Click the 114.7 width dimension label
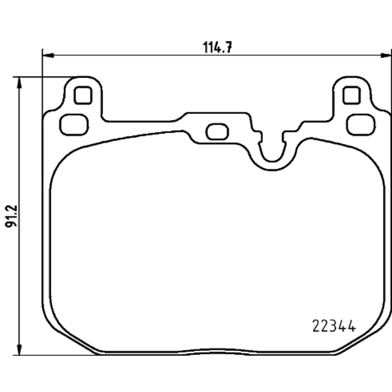coord(218,47)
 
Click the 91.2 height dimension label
coord(11,216)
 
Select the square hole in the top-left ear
coord(83,95)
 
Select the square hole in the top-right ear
coord(352,95)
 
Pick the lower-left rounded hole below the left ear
coord(74,124)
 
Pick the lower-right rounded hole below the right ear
coord(362,124)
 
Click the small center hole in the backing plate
coord(217,131)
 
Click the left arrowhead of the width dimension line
coord(49,55)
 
